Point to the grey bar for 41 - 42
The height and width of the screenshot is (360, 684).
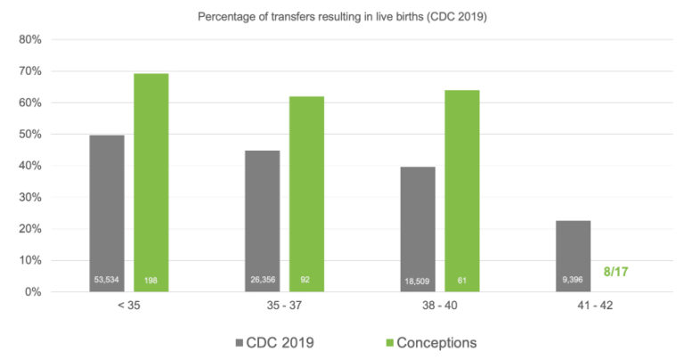573,250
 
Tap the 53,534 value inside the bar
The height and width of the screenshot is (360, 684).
107,280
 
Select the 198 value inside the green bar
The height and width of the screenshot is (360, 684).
151,280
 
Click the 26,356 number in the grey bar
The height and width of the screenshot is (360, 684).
262,280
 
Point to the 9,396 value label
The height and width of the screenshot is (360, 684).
573,280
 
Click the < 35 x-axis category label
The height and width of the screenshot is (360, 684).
128,306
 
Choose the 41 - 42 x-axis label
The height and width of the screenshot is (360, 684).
594,306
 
